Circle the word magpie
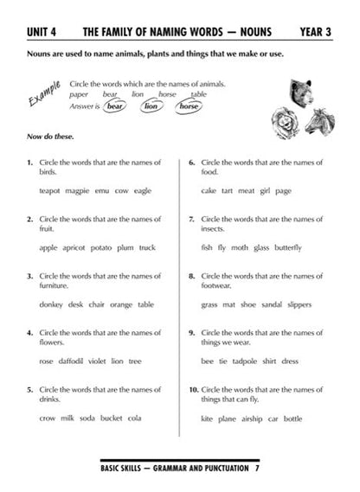pos(79,191)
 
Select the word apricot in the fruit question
pos(74,248)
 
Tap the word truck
pos(148,248)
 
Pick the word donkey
pos(52,304)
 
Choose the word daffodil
pos(74,361)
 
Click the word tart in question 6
pos(228,191)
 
